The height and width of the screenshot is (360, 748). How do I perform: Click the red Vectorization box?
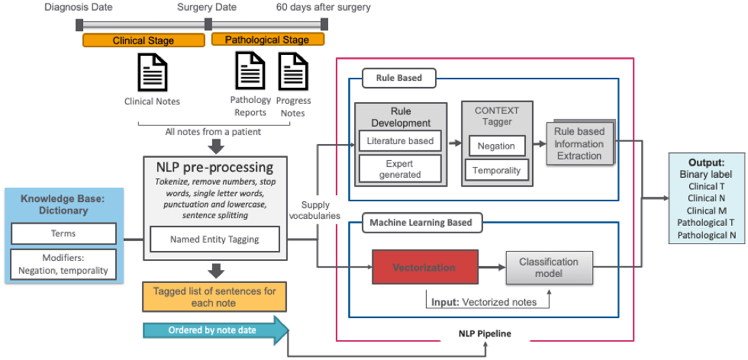click(425, 267)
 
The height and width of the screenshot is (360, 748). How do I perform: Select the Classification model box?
click(549, 268)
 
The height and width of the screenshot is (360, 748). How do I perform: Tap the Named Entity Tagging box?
click(214, 239)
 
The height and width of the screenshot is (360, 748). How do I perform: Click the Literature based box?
click(400, 141)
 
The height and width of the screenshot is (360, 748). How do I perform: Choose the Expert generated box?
click(400, 169)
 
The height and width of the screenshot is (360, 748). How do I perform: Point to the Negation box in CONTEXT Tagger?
click(496, 146)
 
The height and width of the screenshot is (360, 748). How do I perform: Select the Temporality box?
click(496, 170)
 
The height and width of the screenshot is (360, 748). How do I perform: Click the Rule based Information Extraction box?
click(580, 144)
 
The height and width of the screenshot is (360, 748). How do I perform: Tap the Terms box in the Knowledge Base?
click(63, 233)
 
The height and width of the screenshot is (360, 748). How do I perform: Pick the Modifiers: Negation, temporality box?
click(63, 264)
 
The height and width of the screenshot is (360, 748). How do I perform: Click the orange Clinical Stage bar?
click(144, 41)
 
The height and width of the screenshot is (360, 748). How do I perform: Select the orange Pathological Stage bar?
click(267, 40)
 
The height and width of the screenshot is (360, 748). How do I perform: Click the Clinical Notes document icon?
click(152, 72)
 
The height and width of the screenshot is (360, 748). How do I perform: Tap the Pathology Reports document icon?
click(250, 70)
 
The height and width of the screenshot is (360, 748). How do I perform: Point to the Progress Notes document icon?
click(293, 71)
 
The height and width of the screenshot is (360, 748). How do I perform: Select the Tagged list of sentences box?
click(214, 297)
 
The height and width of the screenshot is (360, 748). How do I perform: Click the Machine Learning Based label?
click(421, 222)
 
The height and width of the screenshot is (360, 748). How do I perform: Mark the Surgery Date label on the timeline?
click(207, 7)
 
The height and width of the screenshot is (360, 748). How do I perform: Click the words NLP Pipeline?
click(485, 333)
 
